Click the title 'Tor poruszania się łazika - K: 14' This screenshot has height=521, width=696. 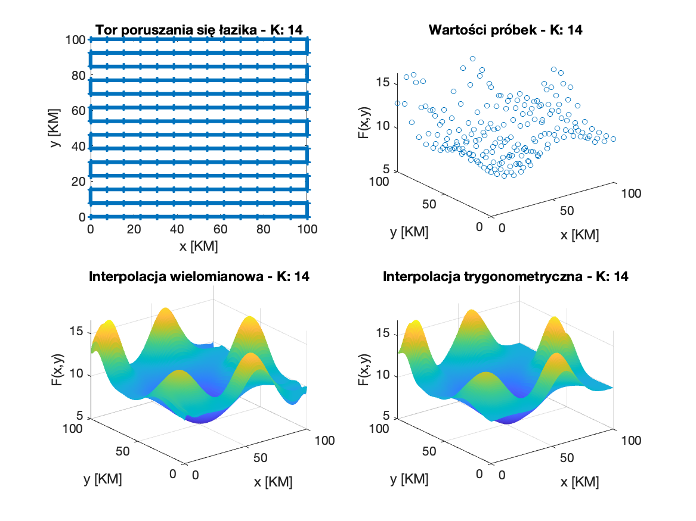point(199,30)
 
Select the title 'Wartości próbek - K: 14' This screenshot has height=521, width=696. point(505,30)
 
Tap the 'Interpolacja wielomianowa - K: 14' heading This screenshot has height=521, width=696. point(199,277)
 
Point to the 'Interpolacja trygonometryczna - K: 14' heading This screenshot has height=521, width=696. point(505,277)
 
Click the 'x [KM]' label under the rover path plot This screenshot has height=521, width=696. point(198,245)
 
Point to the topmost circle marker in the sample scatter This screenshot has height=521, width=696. point(472,58)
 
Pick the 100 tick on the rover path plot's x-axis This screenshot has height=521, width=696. point(307,229)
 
